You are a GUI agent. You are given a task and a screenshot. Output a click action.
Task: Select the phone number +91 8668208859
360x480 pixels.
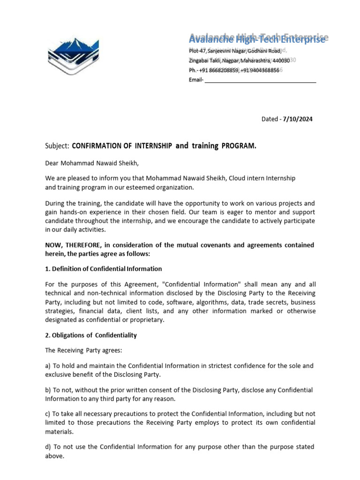tap(219, 70)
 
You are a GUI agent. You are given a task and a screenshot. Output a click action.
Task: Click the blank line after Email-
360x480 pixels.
tap(261, 80)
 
